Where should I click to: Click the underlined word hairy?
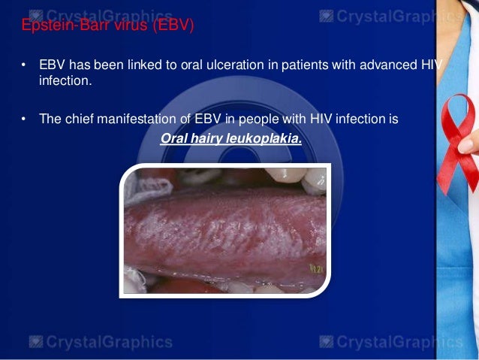click(203, 138)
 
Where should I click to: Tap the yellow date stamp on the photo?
click(316, 267)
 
